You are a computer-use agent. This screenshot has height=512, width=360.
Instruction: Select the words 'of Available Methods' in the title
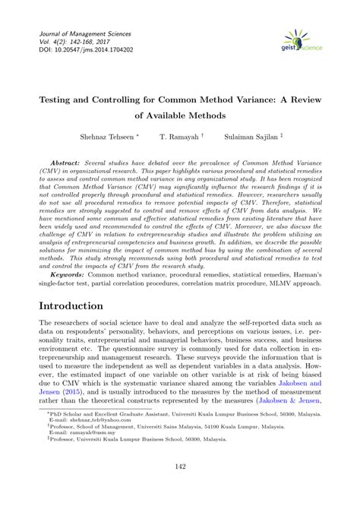tap(180, 117)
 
